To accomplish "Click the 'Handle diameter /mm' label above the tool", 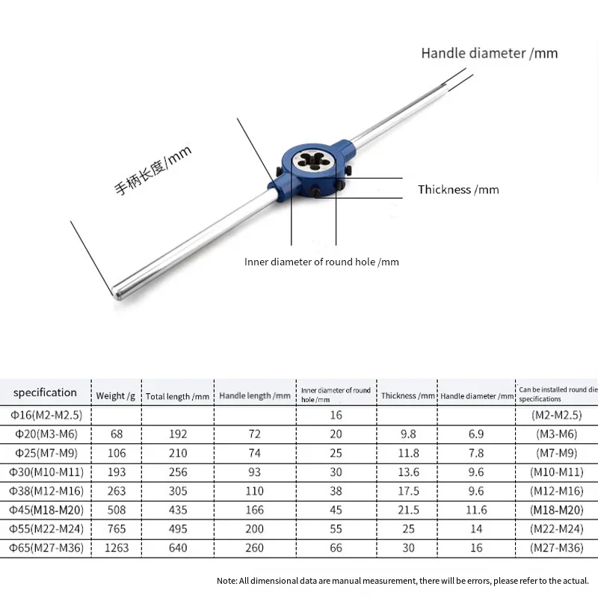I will [x=489, y=53].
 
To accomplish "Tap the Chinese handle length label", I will [x=153, y=170].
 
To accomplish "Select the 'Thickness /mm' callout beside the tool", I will [x=458, y=190].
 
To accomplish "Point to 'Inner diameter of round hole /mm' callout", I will [x=321, y=262].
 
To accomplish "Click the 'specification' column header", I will [x=45, y=392].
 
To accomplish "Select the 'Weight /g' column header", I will [x=115, y=395].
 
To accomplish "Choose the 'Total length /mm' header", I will [x=177, y=395].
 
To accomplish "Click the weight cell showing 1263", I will [x=116, y=548].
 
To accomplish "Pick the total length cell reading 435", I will [x=177, y=510].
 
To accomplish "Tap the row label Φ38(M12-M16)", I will [x=46, y=491].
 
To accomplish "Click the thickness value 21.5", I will [x=407, y=510].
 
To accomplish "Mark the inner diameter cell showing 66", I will [x=336, y=548].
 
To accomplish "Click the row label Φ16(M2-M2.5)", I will [x=46, y=415].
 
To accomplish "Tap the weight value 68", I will [x=116, y=434].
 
